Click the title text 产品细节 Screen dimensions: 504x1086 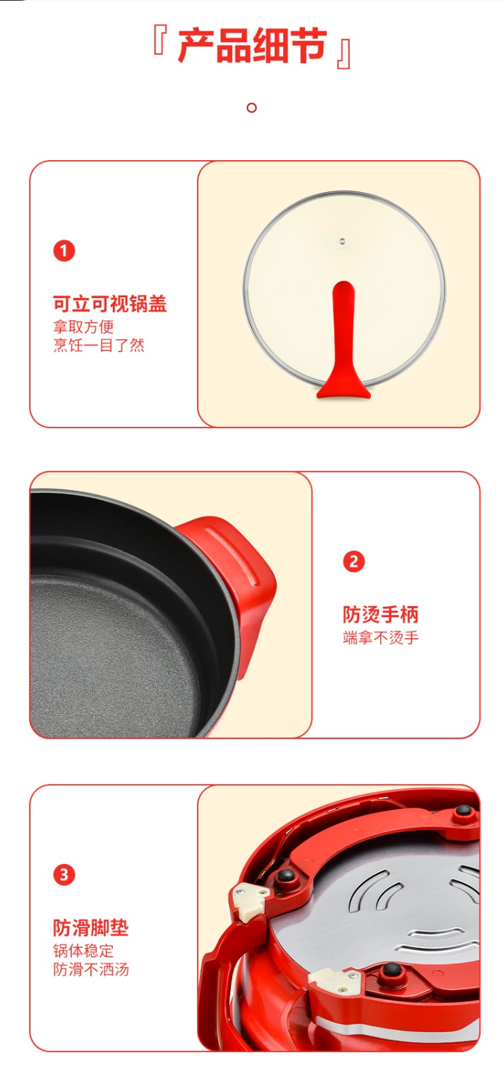pyautogui.click(x=252, y=46)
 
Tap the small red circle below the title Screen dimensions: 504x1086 pyautogui.click(x=251, y=108)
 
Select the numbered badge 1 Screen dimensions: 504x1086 pyautogui.click(x=64, y=250)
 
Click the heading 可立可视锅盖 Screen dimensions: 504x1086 pyautogui.click(x=110, y=304)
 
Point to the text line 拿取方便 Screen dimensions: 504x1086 pyautogui.click(x=84, y=326)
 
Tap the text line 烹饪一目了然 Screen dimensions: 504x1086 pyautogui.click(x=99, y=345)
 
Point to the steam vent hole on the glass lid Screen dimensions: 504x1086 pyautogui.click(x=342, y=240)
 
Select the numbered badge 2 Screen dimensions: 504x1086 pyautogui.click(x=354, y=561)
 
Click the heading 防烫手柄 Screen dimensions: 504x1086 pyautogui.click(x=381, y=614)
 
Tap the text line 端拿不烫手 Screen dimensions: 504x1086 pyautogui.click(x=381, y=637)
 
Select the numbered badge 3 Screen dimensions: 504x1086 pyautogui.click(x=64, y=875)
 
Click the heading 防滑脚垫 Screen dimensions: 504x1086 pyautogui.click(x=91, y=928)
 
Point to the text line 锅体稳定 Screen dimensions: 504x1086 pyautogui.click(x=84, y=951)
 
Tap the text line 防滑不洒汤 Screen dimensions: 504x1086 pyautogui.click(x=91, y=969)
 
